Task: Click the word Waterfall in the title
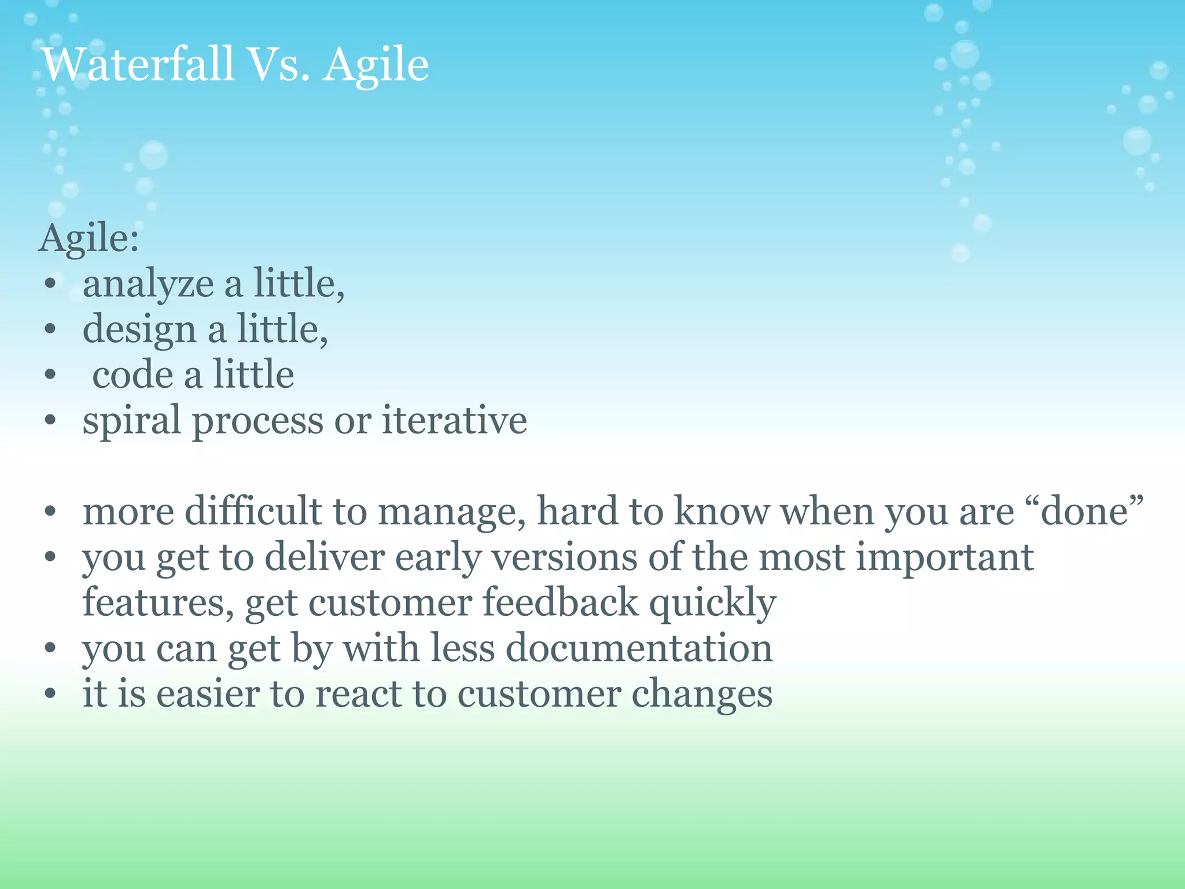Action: click(x=138, y=64)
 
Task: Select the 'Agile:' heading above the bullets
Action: click(x=89, y=238)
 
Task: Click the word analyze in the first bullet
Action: click(x=148, y=285)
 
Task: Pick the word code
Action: click(x=133, y=375)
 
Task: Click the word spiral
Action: click(x=131, y=421)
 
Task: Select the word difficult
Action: click(x=253, y=512)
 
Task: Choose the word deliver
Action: click(x=325, y=557)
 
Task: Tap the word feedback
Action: click(x=560, y=603)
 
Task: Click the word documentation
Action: click(x=639, y=648)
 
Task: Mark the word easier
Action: click(x=208, y=694)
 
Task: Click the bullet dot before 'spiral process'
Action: click(x=50, y=421)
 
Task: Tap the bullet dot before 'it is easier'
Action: click(x=50, y=695)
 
